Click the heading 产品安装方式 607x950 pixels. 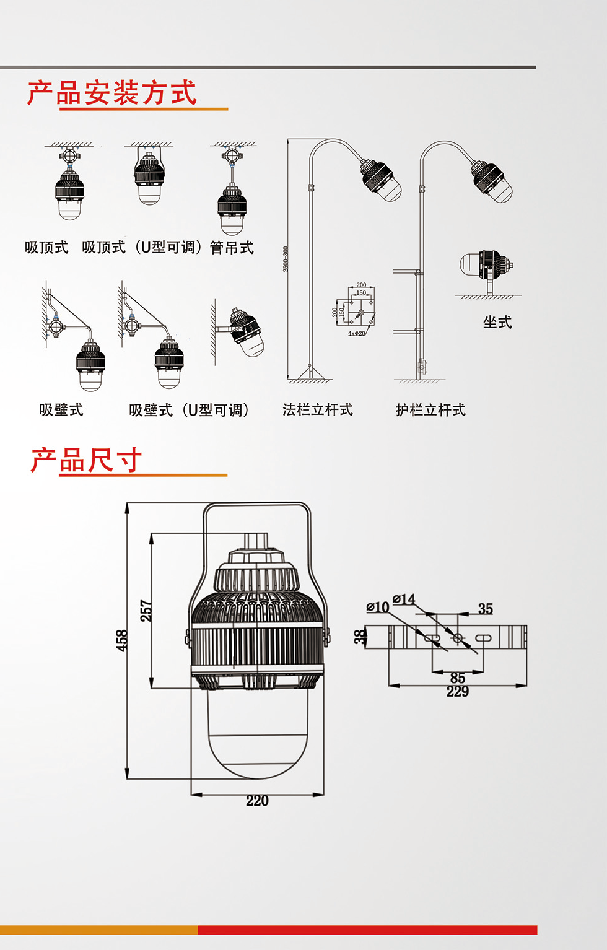[x=112, y=93]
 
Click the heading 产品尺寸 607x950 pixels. [x=87, y=460]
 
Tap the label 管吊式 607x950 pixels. [x=232, y=248]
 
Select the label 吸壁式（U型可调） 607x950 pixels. [x=189, y=410]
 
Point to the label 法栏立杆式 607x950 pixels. [x=318, y=410]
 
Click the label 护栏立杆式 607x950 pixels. [x=430, y=410]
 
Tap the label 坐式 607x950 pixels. [x=497, y=322]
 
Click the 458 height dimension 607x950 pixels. [x=122, y=640]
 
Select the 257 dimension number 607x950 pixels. [x=146, y=611]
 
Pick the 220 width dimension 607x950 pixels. [x=257, y=801]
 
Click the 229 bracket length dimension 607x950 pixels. [x=458, y=692]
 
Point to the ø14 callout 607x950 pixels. [x=404, y=599]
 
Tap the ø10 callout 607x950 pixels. [x=377, y=607]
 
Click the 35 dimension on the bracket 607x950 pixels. [x=485, y=609]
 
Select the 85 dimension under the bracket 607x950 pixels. [x=458, y=678]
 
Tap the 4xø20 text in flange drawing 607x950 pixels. [x=357, y=333]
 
